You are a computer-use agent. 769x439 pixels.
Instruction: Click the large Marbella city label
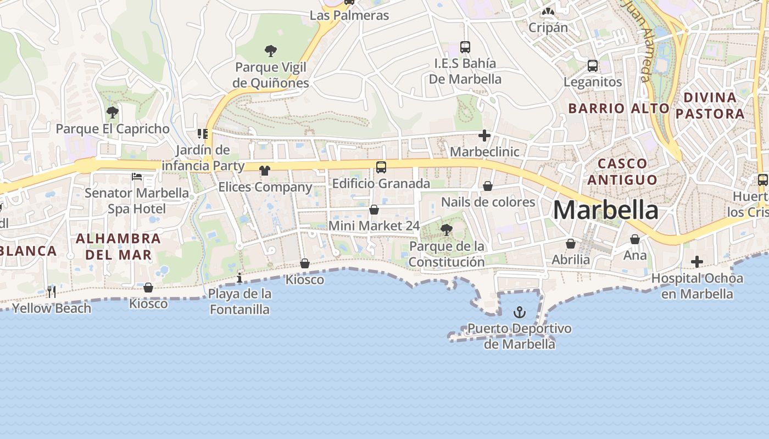[605, 210]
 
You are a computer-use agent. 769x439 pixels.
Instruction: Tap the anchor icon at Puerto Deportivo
[519, 313]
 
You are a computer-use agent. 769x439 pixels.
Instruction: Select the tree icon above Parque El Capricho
[113, 112]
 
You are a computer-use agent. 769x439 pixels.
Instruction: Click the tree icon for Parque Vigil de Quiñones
[270, 51]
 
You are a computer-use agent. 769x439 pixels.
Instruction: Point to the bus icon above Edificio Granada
[381, 167]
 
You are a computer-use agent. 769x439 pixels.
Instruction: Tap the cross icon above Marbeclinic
[484, 135]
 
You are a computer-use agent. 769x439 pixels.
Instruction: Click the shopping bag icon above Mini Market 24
[374, 210]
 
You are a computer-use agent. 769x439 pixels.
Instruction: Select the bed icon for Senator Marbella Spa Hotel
[137, 177]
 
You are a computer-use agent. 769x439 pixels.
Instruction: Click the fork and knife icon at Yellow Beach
[52, 291]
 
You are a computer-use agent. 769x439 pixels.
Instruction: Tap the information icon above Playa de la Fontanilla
[239, 278]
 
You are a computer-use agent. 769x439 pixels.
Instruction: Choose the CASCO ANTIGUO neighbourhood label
[622, 172]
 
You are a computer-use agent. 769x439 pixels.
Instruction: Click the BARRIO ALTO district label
[618, 108]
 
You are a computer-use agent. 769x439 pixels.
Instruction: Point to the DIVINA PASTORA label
[710, 105]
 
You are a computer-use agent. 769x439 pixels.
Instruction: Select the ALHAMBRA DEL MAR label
[118, 246]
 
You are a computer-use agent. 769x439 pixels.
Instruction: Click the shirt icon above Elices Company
[265, 171]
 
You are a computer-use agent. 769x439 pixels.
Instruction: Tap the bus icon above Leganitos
[593, 66]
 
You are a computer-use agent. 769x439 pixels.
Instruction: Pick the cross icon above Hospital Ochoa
[697, 262]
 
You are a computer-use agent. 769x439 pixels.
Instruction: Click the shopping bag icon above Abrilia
[571, 244]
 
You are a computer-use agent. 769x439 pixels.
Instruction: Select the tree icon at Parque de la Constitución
[447, 230]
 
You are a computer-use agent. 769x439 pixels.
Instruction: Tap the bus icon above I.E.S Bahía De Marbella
[465, 47]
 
